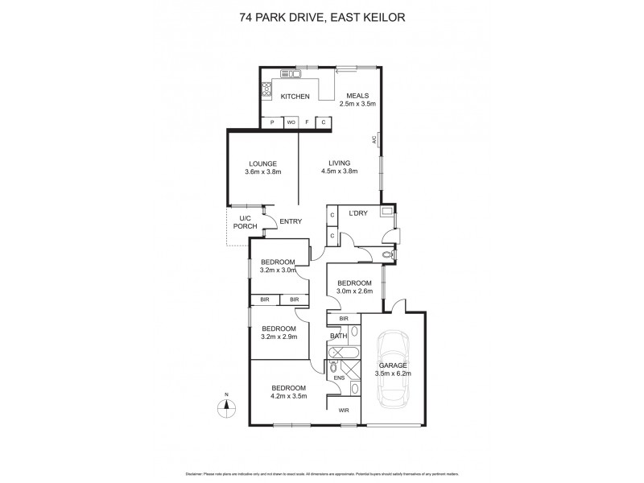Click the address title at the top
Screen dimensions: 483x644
coord(321,15)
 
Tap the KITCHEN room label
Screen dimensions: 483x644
coord(295,97)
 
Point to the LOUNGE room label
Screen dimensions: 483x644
coord(262,167)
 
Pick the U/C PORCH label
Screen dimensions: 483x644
coord(245,223)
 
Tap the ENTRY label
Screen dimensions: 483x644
coord(291,221)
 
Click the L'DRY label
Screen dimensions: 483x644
coord(358,213)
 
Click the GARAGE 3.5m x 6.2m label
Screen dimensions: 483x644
coord(393,369)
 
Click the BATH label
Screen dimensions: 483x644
coord(338,336)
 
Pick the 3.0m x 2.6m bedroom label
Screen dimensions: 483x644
coord(354,287)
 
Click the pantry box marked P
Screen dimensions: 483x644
coord(273,122)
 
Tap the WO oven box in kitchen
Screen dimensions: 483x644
coord(291,122)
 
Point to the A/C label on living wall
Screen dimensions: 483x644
coord(375,141)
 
